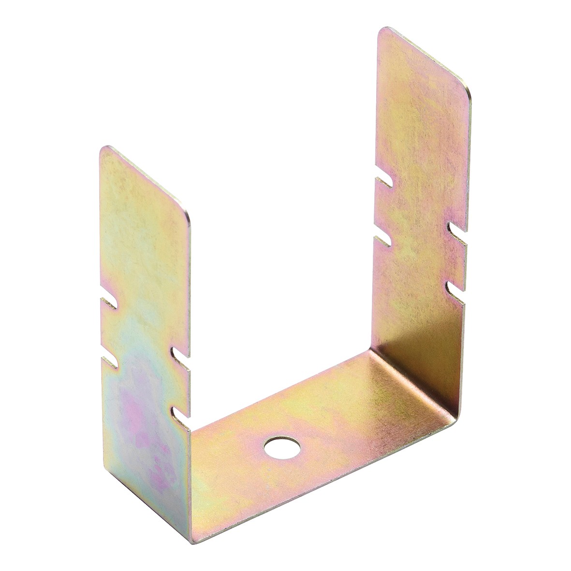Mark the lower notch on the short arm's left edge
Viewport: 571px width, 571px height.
coord(109,361)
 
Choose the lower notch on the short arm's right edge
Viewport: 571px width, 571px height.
coord(180,412)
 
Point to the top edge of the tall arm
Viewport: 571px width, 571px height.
coord(425,58)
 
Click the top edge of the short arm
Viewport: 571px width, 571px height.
coord(145,179)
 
